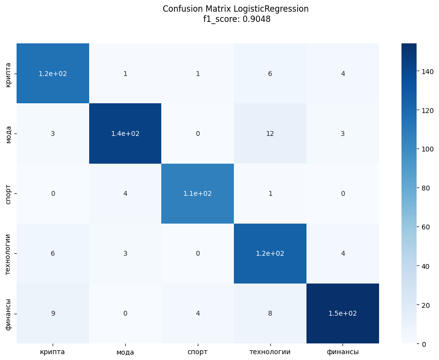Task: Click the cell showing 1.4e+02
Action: click(x=125, y=133)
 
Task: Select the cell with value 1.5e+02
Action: click(x=342, y=313)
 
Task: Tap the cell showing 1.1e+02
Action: click(x=197, y=193)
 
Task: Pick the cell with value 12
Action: click(x=270, y=133)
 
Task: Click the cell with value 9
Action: click(x=53, y=313)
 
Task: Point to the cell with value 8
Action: click(x=270, y=313)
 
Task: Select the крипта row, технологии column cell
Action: click(x=270, y=74)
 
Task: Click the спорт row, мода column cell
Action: click(x=125, y=193)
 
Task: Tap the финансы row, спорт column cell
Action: click(x=197, y=313)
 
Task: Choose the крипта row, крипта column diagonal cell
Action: click(x=53, y=74)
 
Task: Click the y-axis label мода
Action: click(x=8, y=133)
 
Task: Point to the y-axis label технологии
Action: click(x=8, y=253)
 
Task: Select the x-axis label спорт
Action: click(x=197, y=352)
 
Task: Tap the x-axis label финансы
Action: click(x=342, y=352)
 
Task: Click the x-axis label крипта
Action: click(x=53, y=352)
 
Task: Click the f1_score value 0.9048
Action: click(x=251, y=19)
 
